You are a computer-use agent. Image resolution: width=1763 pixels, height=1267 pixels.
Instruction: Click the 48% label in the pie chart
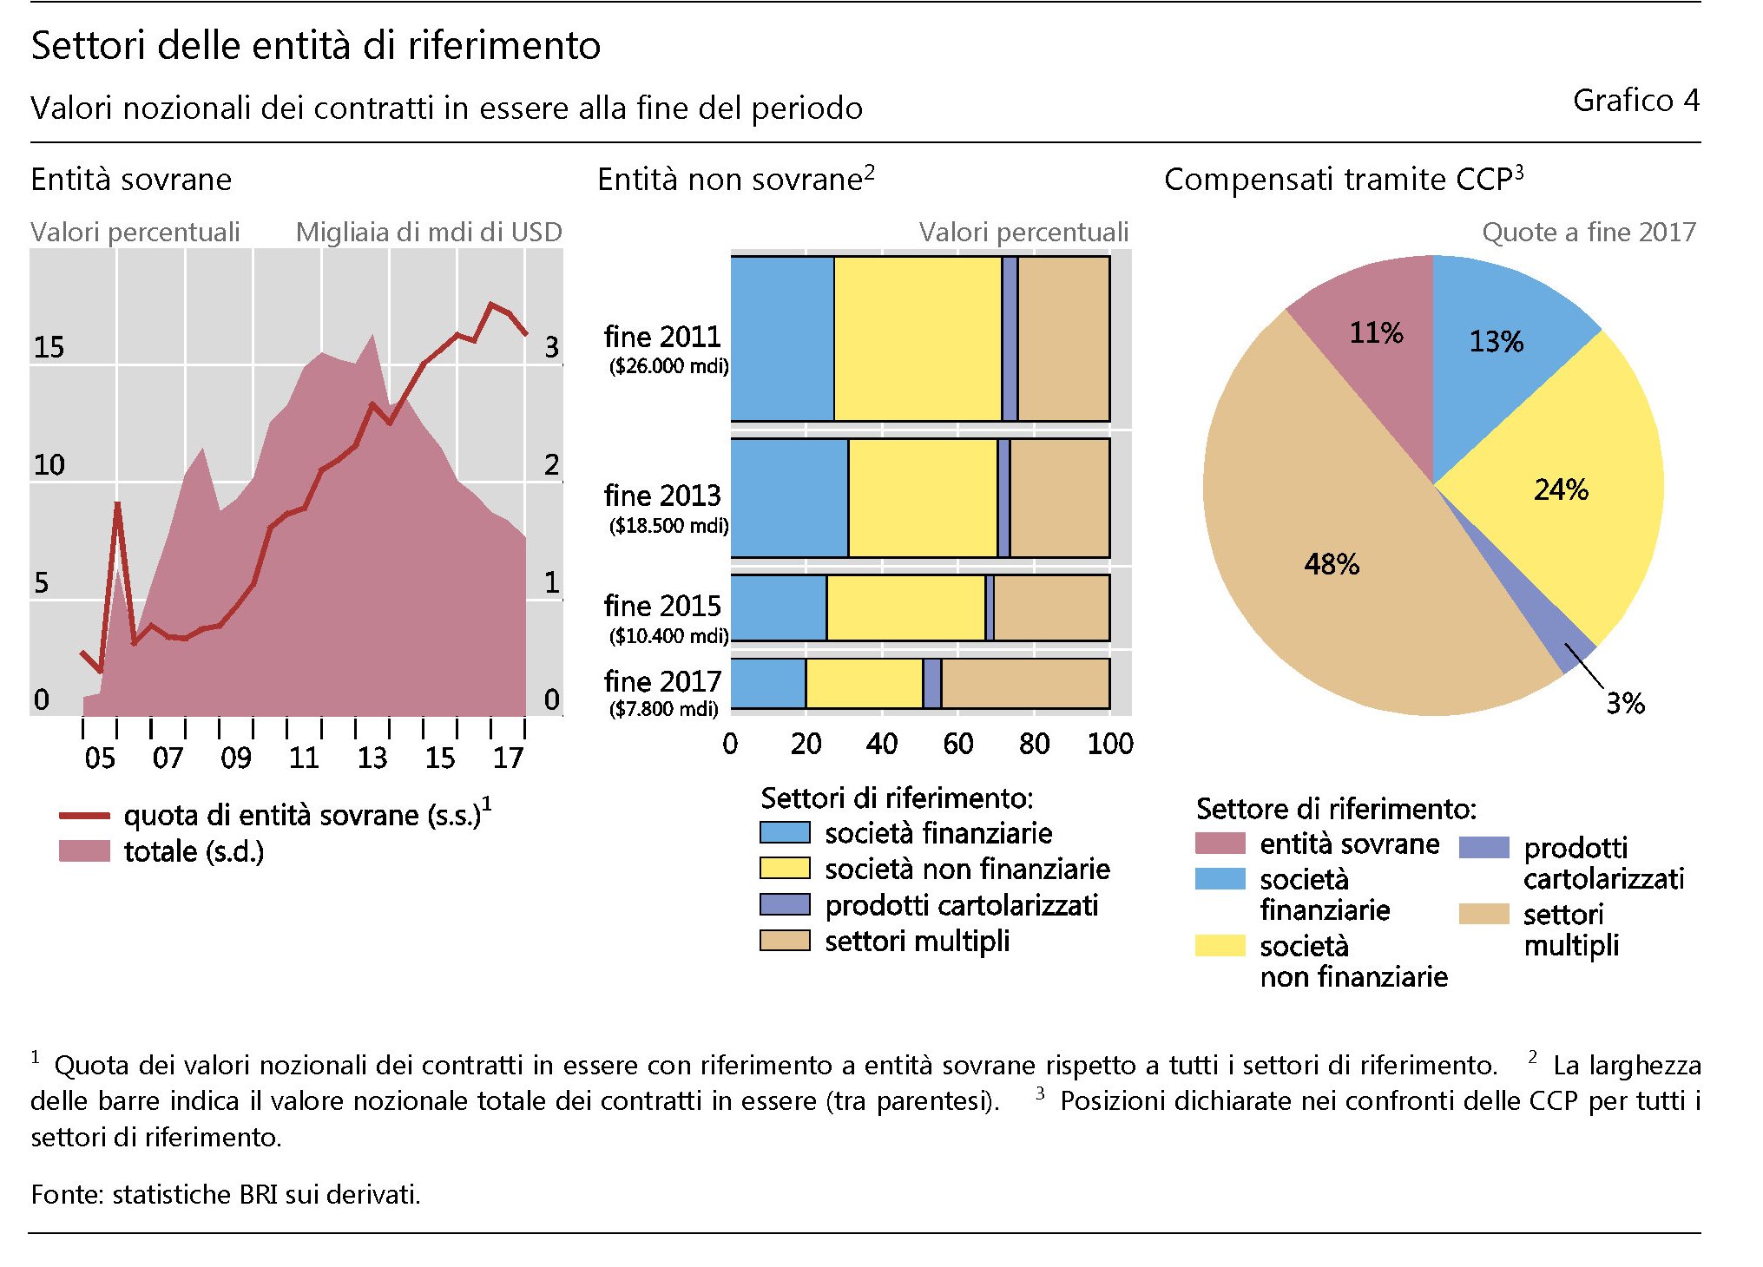pyautogui.click(x=1332, y=564)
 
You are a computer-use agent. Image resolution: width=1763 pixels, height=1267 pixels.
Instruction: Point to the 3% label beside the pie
pyautogui.click(x=1625, y=703)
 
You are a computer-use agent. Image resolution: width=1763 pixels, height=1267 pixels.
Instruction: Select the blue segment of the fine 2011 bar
pyautogui.click(x=782, y=338)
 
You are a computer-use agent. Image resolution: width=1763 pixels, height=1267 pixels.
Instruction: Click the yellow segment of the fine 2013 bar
pyautogui.click(x=923, y=498)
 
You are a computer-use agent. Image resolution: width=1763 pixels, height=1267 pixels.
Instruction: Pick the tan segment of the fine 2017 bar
pyautogui.click(x=1025, y=684)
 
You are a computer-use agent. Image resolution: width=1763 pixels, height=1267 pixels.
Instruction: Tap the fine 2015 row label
pyautogui.click(x=662, y=606)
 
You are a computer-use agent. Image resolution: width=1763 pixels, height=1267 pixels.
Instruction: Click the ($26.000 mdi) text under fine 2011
pyautogui.click(x=668, y=366)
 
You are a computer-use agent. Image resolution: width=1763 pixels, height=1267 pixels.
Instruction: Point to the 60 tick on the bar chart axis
pyautogui.click(x=958, y=744)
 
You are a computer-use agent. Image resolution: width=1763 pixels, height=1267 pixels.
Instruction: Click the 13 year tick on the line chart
pyautogui.click(x=372, y=758)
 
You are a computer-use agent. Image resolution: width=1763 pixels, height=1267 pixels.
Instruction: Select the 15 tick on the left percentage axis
pyautogui.click(x=49, y=347)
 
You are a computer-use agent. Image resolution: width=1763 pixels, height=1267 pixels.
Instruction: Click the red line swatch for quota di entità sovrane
pyautogui.click(x=84, y=816)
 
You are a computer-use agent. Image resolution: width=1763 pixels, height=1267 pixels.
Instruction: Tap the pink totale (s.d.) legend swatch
pyautogui.click(x=84, y=851)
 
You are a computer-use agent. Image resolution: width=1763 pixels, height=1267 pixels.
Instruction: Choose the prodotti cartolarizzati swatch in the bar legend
pyautogui.click(x=785, y=904)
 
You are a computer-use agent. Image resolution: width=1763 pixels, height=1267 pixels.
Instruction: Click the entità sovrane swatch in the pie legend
pyautogui.click(x=1220, y=844)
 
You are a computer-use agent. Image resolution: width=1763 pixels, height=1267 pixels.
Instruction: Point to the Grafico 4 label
pyautogui.click(x=1635, y=102)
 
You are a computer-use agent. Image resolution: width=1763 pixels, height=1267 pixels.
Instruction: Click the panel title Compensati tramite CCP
pyautogui.click(x=1343, y=180)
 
